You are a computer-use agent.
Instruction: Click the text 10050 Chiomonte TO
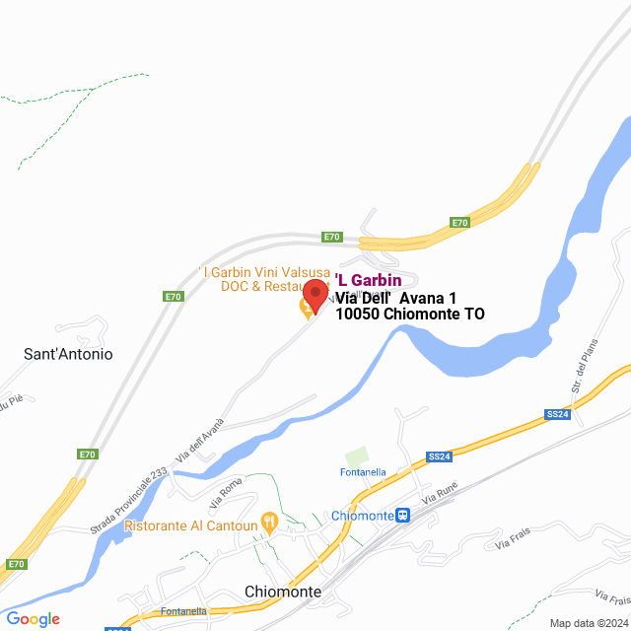[410, 315]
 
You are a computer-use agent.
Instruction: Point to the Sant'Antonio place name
[68, 353]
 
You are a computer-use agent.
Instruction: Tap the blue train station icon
[402, 516]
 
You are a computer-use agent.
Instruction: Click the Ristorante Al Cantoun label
[191, 526]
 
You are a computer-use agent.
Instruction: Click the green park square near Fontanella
[356, 457]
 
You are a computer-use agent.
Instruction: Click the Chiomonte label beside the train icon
[362, 516]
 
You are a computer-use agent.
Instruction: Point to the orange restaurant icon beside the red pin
[308, 310]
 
